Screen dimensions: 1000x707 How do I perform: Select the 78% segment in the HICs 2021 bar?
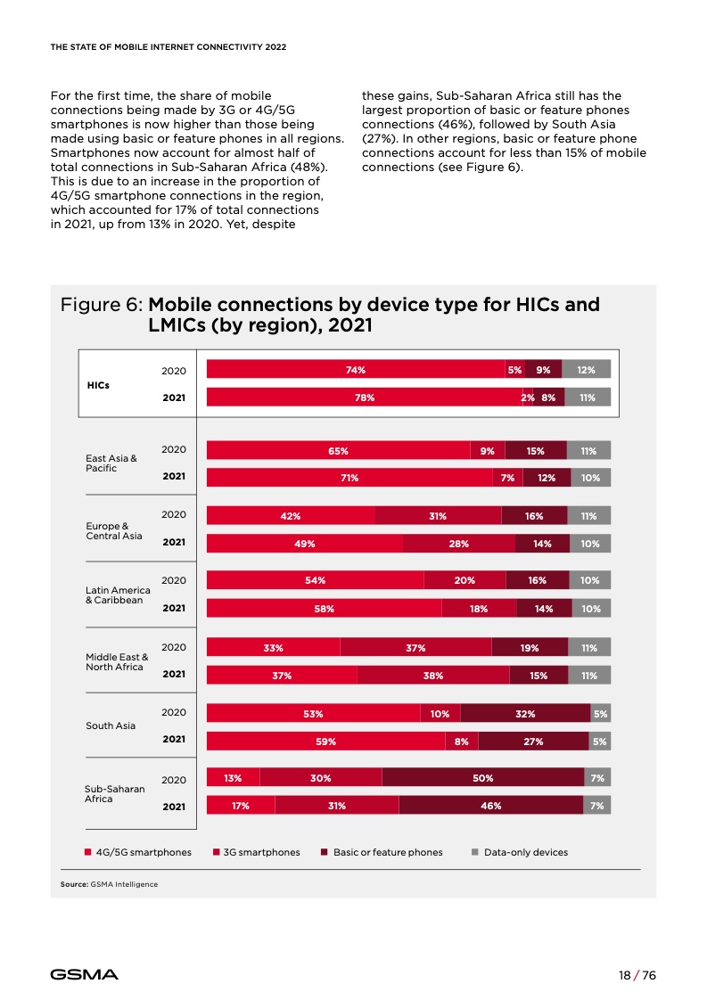[x=364, y=398]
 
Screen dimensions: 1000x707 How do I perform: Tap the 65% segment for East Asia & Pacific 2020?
[x=338, y=451]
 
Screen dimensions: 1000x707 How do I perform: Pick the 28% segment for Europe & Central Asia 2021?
[x=458, y=543]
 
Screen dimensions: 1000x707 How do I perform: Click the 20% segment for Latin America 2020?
[x=464, y=580]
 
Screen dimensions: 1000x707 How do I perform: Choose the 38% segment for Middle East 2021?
[x=433, y=676]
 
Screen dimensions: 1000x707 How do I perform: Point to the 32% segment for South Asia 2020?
[x=525, y=713]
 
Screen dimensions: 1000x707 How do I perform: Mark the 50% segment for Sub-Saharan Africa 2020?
[x=482, y=778]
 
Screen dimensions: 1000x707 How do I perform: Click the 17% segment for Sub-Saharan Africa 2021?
[x=240, y=806]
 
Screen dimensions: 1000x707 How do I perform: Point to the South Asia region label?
[x=111, y=725]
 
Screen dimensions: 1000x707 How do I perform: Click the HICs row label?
[x=98, y=385]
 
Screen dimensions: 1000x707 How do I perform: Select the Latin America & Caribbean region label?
[x=118, y=595]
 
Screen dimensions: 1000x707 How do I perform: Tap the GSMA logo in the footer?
[x=84, y=974]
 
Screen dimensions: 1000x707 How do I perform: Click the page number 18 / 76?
[x=637, y=975]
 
